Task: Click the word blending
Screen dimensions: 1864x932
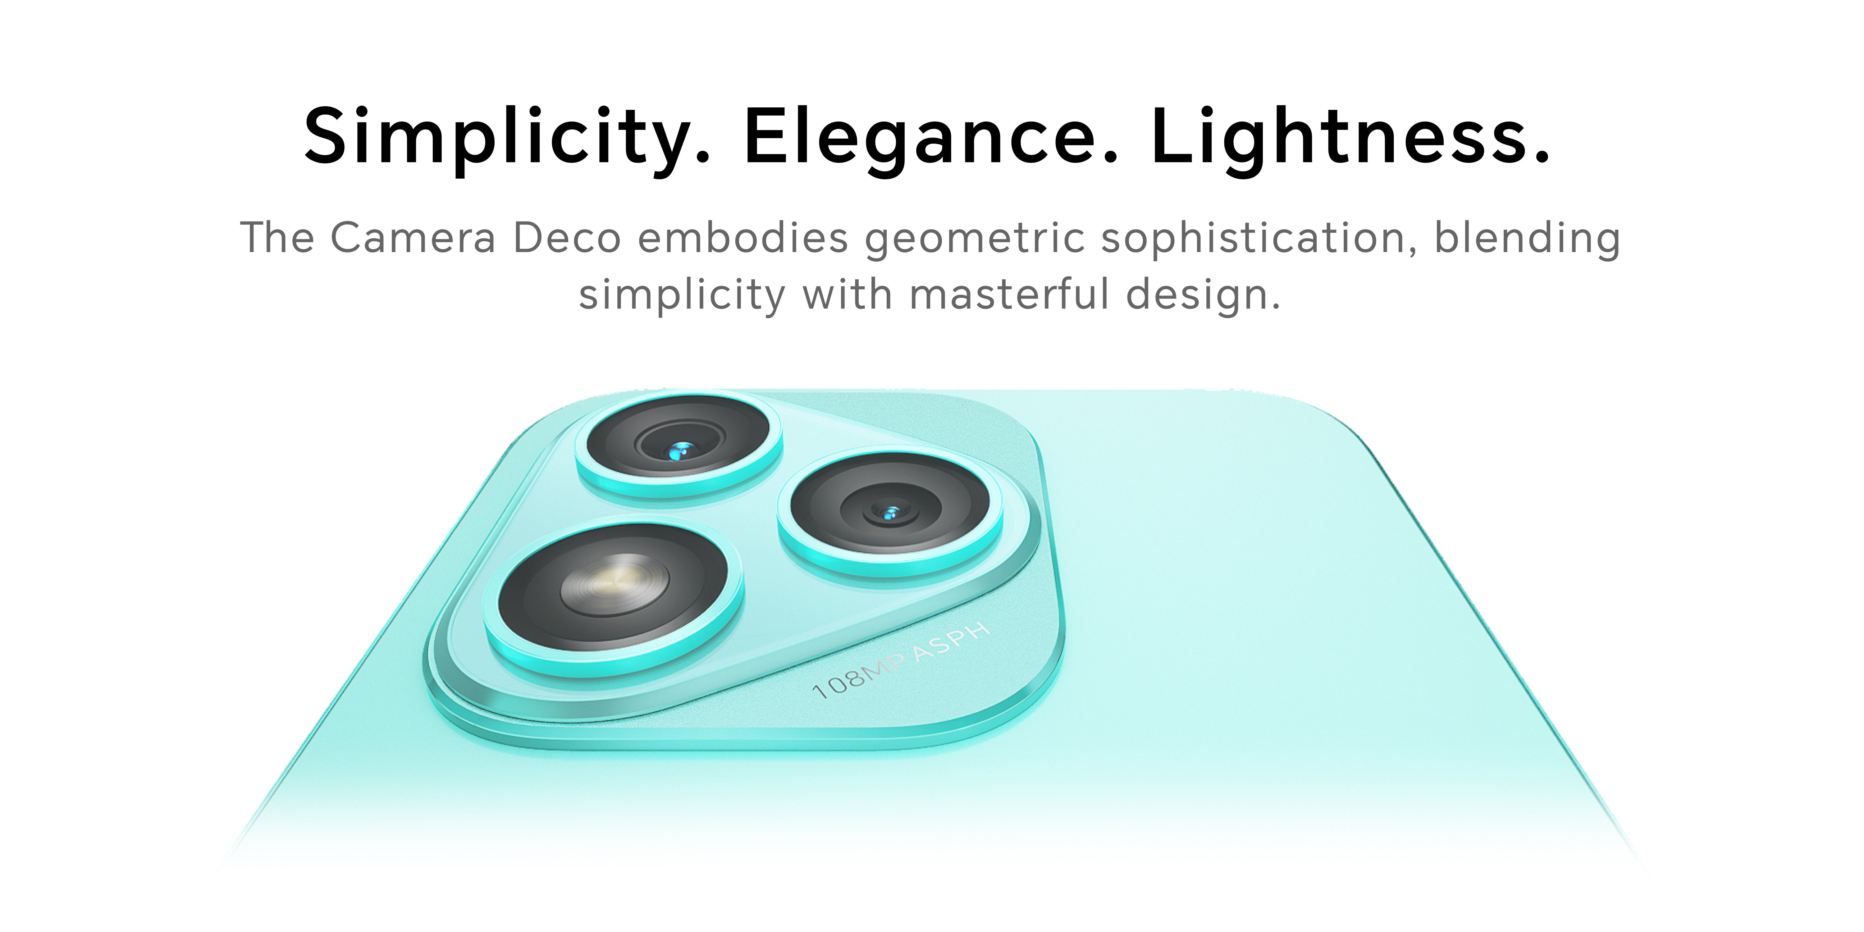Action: [1527, 239]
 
